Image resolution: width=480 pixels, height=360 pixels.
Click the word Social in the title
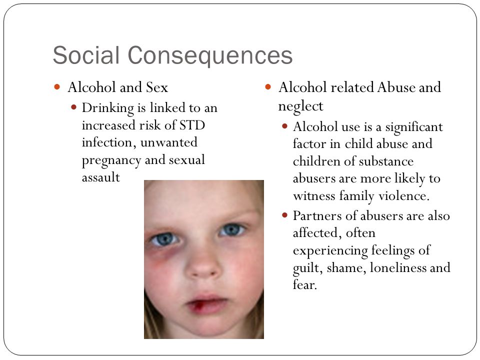pyautogui.click(x=86, y=55)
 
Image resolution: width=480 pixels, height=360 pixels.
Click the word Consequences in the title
pyautogui.click(x=210, y=55)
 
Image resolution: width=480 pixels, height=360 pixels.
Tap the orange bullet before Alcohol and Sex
pyautogui.click(x=57, y=87)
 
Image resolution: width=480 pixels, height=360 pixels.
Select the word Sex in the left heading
pyautogui.click(x=156, y=87)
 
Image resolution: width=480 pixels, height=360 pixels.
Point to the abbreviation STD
pyautogui.click(x=192, y=125)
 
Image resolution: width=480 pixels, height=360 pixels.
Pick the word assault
pyautogui.click(x=100, y=177)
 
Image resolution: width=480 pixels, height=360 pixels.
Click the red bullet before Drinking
pyautogui.click(x=73, y=107)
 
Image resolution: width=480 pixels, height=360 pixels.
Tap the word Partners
pyautogui.click(x=317, y=215)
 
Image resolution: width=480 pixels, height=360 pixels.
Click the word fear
pyautogui.click(x=304, y=284)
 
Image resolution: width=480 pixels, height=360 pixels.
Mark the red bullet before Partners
pyautogui.click(x=284, y=215)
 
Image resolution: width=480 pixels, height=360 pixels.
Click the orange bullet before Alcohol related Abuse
pyautogui.click(x=268, y=87)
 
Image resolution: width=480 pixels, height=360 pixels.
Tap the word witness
pyautogui.click(x=314, y=196)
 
